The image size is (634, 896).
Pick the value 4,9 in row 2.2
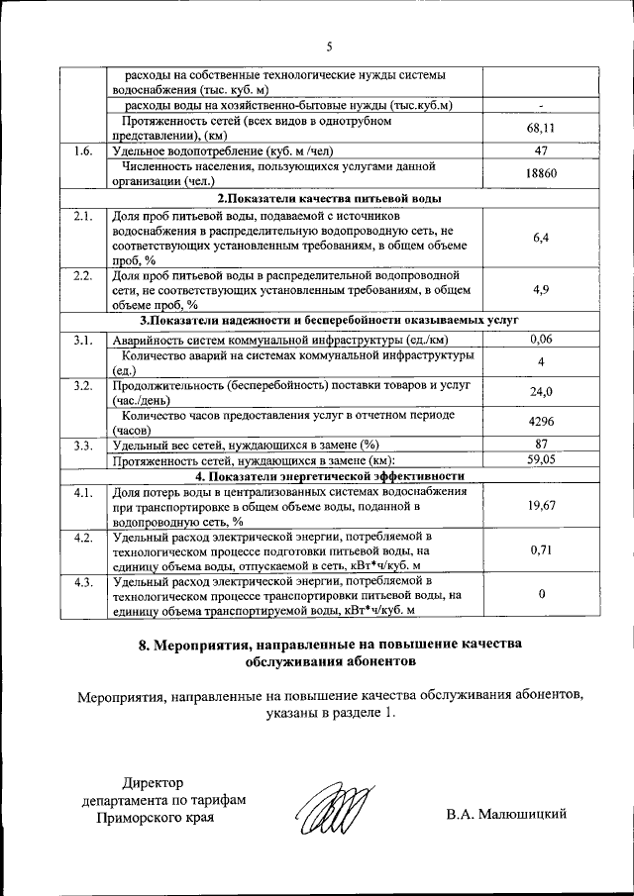(x=541, y=290)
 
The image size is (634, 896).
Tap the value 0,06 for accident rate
(x=541, y=340)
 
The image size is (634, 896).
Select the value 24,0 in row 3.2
(x=541, y=391)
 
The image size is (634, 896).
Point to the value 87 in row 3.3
(x=541, y=445)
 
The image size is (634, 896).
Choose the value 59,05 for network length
(x=541, y=459)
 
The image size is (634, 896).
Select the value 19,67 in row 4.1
(x=541, y=505)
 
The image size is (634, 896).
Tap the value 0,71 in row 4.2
(x=541, y=549)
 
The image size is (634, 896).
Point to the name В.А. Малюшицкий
(x=506, y=814)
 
